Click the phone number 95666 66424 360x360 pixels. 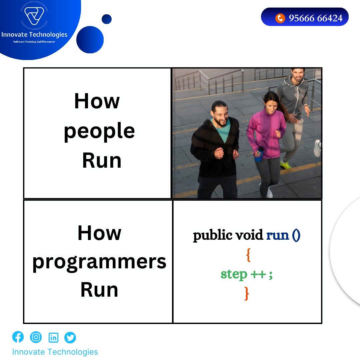coord(315,18)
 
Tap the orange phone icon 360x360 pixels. coord(280,18)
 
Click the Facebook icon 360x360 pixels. coord(18,337)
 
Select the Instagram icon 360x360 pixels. coord(36,337)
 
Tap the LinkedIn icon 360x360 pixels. coord(53,338)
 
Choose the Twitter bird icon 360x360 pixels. coord(70,338)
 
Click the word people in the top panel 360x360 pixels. coord(99,131)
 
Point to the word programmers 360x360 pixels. coord(99,262)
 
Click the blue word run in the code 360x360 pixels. coord(277,235)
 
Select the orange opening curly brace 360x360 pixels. coord(248,255)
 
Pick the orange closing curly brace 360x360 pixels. coord(247,293)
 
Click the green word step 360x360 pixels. coord(234,274)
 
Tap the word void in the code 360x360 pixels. coord(249,235)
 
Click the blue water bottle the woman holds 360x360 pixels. coord(259,154)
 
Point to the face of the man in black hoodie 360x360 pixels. coord(220,113)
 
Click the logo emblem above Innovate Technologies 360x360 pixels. coord(34,16)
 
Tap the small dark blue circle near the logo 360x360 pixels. coord(106,19)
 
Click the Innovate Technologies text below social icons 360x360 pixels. coord(55,352)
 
